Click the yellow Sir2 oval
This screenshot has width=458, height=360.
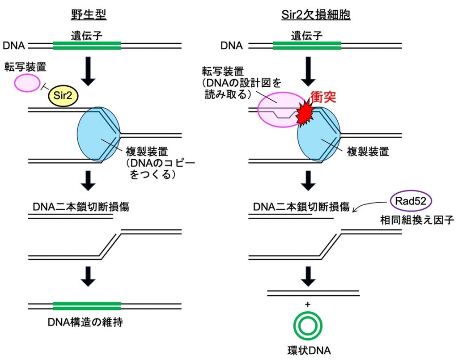tap(63, 95)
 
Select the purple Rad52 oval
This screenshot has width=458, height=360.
tap(411, 201)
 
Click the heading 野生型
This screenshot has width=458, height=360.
tap(89, 14)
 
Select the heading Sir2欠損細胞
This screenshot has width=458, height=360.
tap(316, 14)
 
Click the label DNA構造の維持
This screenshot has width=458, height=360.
tap(85, 322)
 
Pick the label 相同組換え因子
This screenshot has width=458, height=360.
tap(417, 220)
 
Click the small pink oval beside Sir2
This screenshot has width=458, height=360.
tap(27, 83)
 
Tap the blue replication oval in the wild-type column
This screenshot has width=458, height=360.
tap(98, 134)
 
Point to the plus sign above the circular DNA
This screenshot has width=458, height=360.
tap(308, 305)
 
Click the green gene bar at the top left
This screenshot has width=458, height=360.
tap(87, 46)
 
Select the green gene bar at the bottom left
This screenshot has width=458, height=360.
tap(87, 306)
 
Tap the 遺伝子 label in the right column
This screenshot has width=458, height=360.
tap(307, 36)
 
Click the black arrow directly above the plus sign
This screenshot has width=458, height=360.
tap(308, 276)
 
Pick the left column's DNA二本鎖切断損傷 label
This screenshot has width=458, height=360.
tap(81, 207)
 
